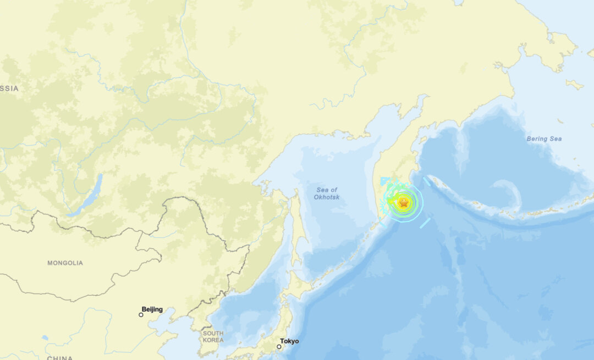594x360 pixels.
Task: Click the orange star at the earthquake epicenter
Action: (x=403, y=203)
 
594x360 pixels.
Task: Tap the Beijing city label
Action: (x=152, y=309)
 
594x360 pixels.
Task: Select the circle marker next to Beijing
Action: (x=141, y=314)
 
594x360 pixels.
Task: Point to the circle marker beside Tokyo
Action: (x=279, y=346)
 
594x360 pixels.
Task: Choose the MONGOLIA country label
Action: (x=65, y=263)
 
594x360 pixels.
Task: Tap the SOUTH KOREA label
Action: (x=213, y=336)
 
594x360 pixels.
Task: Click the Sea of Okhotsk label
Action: (x=327, y=193)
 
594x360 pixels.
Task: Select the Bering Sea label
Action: (x=544, y=139)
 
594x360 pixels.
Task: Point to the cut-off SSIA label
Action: (x=9, y=88)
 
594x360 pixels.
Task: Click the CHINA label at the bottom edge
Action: (x=59, y=358)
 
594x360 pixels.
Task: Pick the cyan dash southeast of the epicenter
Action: (x=425, y=223)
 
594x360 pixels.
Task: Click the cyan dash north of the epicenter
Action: (x=427, y=181)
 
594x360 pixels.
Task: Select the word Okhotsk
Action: (x=327, y=197)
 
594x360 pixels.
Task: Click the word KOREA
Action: (x=213, y=340)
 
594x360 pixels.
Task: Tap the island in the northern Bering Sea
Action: (x=574, y=85)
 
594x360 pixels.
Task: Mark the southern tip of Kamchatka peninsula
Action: (x=379, y=224)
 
